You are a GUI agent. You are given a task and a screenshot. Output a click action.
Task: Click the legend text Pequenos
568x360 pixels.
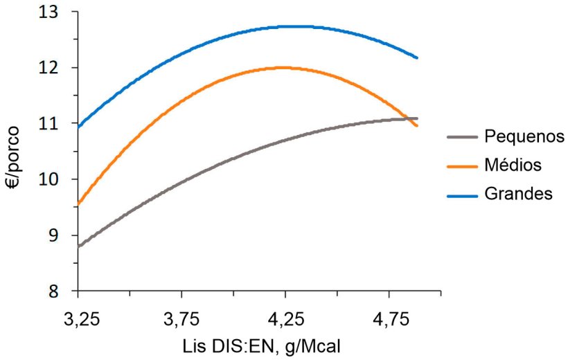point(525,136)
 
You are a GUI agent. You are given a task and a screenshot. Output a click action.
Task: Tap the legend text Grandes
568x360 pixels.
point(519,194)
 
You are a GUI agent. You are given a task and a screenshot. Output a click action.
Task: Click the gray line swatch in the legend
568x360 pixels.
point(461,137)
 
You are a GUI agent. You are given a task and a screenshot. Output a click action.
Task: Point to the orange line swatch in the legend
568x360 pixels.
point(461,165)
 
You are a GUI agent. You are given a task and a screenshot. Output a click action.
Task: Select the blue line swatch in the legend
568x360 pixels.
point(461,195)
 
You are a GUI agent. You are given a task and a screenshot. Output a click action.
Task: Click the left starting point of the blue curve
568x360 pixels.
point(78,127)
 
